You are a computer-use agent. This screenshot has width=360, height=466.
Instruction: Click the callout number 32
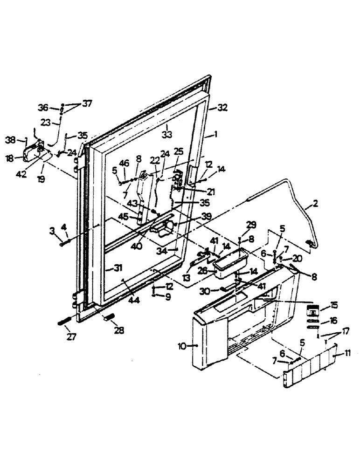click(x=222, y=108)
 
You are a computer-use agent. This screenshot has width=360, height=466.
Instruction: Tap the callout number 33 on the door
click(x=166, y=134)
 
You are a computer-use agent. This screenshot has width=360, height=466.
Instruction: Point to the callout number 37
click(x=87, y=104)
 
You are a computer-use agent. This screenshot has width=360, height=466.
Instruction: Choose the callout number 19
click(x=42, y=178)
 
